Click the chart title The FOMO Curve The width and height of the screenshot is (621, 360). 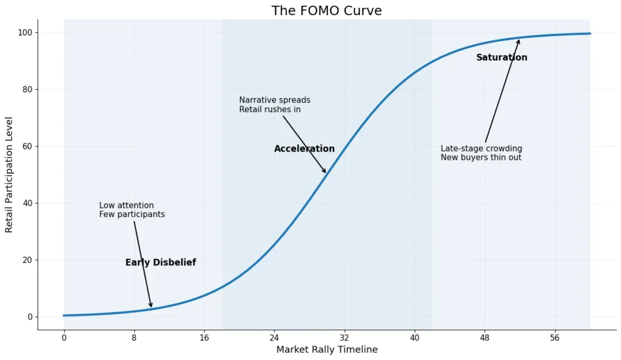326,11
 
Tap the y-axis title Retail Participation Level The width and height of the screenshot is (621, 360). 9,175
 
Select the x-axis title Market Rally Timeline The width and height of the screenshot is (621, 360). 327,350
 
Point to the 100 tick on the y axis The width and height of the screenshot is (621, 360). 28,32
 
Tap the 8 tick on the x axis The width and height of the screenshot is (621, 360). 134,338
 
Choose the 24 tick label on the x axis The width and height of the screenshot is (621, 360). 274,338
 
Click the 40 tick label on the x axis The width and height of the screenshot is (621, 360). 414,338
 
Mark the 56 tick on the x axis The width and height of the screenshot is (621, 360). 554,338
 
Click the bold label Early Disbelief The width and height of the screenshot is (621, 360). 161,263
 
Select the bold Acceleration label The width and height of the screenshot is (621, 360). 304,149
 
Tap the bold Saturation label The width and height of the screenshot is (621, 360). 502,58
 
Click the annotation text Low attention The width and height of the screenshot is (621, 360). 127,205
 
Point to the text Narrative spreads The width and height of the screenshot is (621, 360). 275,100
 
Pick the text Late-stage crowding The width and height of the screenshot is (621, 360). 482,148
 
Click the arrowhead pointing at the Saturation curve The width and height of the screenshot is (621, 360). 519,42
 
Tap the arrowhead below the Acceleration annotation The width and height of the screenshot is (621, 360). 325,171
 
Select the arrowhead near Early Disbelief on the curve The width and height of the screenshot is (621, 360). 151,305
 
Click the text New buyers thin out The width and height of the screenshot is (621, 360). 481,158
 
